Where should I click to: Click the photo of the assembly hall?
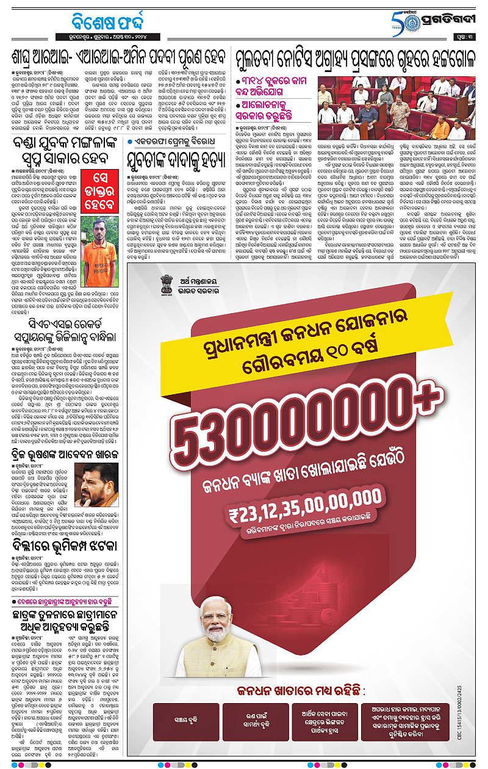point(399,107)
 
